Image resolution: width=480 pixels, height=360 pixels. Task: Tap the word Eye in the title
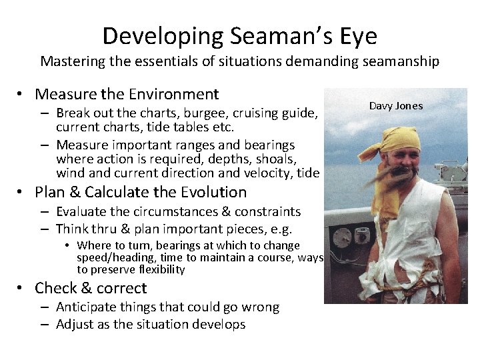click(357, 35)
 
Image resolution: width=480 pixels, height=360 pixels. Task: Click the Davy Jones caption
click(396, 105)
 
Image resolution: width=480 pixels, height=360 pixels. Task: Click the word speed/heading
click(110, 257)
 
